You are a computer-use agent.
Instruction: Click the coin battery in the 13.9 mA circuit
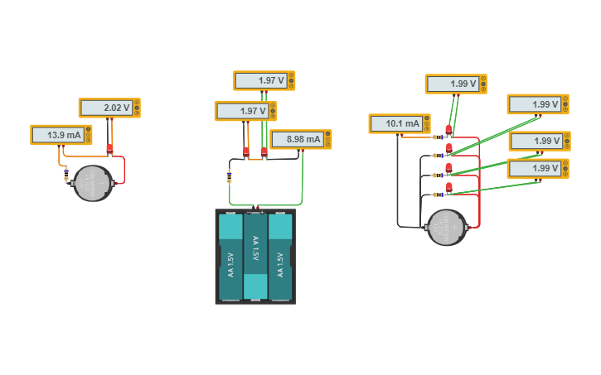click(93, 183)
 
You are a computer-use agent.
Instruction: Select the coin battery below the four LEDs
click(447, 227)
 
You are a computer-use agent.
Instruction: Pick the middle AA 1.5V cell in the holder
click(255, 256)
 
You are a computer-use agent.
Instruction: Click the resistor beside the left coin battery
click(66, 173)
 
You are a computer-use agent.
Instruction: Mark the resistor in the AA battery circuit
click(230, 175)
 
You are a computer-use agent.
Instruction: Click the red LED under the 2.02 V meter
click(109, 149)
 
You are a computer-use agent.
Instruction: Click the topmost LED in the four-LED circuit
click(448, 129)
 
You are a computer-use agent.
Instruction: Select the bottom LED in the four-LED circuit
click(448, 187)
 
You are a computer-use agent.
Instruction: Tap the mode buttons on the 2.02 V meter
click(137, 108)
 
